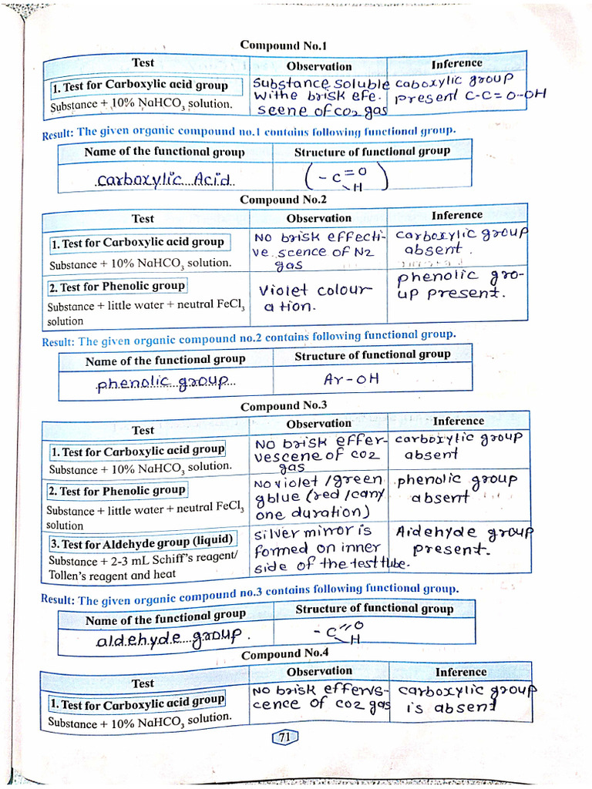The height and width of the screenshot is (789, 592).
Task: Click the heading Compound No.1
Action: click(273, 45)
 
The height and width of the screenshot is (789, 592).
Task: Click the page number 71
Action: click(284, 737)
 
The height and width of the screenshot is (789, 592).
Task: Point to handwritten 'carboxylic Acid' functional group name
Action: click(164, 180)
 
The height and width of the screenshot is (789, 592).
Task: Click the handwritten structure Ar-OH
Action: click(351, 379)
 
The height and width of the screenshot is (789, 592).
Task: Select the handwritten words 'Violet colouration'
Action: click(314, 298)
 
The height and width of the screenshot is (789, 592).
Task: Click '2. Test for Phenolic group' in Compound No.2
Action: click(117, 286)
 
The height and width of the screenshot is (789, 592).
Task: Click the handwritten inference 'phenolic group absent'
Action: click(455, 489)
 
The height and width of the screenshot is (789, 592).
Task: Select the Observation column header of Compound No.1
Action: click(318, 67)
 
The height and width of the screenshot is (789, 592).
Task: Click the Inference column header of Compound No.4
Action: click(460, 672)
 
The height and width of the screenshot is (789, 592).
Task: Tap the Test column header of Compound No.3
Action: click(143, 430)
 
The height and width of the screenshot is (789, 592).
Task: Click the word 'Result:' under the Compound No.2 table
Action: click(59, 342)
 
